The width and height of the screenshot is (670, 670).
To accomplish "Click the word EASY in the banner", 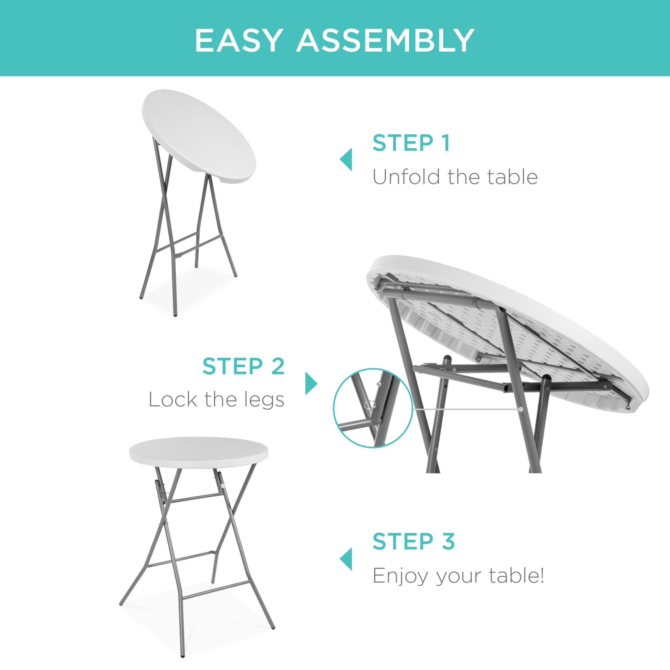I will (x=238, y=41).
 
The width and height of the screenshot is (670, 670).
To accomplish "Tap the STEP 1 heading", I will (x=411, y=143).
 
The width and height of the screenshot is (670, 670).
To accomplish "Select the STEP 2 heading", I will (x=243, y=366).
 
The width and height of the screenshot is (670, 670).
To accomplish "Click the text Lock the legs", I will (x=217, y=399).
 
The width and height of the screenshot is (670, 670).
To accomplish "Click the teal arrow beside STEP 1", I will (x=346, y=159).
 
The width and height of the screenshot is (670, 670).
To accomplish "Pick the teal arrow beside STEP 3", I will (x=346, y=559).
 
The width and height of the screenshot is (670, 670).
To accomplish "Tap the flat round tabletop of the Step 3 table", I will (x=198, y=450).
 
